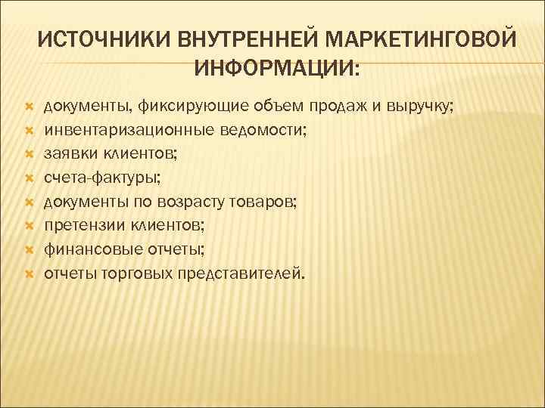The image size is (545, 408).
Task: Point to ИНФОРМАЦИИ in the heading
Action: (277, 68)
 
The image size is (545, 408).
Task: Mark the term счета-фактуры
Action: (102, 178)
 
